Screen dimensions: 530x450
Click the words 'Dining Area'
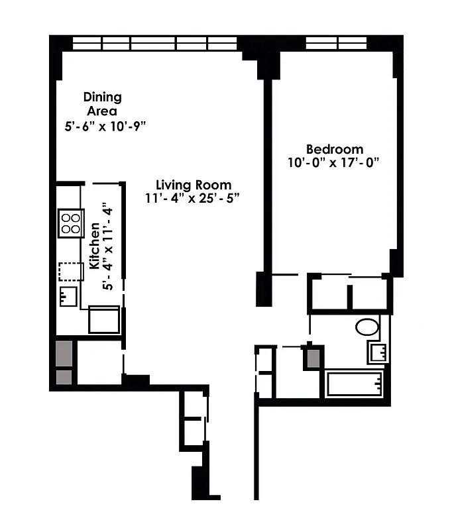click(102, 104)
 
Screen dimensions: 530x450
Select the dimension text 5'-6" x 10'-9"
click(105, 125)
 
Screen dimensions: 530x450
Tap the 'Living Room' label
click(194, 185)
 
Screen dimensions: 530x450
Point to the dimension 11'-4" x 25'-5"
click(192, 198)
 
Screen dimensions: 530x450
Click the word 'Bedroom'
click(334, 149)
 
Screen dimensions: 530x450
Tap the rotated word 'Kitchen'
click(95, 246)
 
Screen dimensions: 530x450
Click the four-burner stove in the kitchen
click(70, 223)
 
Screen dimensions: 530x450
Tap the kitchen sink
click(68, 296)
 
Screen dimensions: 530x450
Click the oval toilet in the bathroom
click(366, 327)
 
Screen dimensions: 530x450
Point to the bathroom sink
click(378, 352)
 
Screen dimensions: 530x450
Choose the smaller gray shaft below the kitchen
click(64, 378)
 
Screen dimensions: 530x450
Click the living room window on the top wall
click(154, 43)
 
